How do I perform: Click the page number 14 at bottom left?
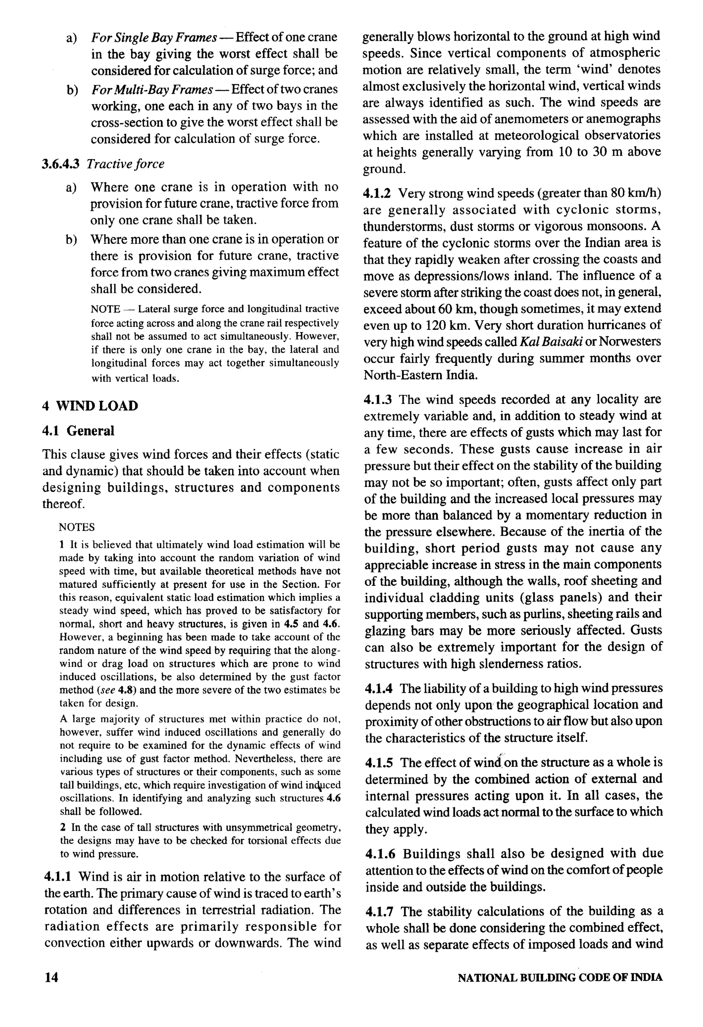point(51,977)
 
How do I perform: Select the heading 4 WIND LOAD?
point(90,406)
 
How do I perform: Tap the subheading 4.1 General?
point(78,431)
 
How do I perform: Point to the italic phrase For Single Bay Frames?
point(153,37)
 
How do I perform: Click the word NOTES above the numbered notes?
point(77,527)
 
